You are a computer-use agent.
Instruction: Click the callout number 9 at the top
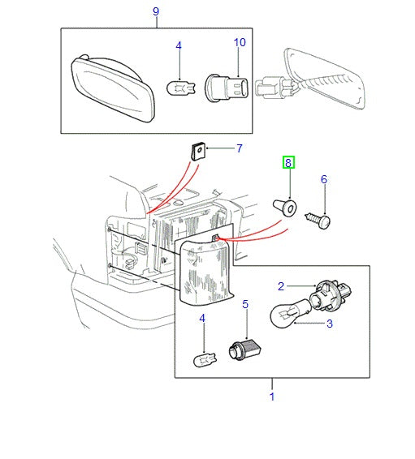pos(156,11)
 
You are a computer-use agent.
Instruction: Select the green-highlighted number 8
pos(288,163)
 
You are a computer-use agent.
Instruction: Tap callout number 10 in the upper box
pos(239,41)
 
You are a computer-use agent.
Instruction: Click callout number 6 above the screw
pos(323,179)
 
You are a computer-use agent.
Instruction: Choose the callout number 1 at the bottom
pos(271,397)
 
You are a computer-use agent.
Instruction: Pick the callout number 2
pos(281,285)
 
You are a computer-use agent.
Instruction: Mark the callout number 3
pos(330,324)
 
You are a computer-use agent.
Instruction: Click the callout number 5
pos(245,306)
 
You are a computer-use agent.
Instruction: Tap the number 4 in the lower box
pos(202,320)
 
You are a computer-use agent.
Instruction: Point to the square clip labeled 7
pos(196,150)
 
